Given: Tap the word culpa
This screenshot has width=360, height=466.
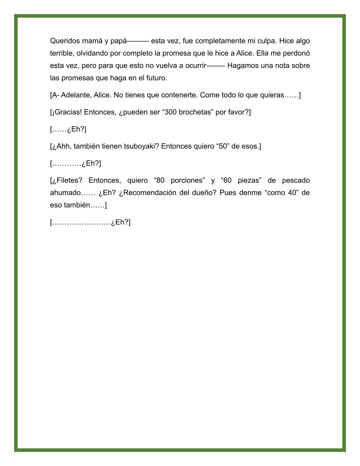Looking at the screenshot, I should point(267,41).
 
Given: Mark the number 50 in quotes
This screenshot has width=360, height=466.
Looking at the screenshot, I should point(223,146).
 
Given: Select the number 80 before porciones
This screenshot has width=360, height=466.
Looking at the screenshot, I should point(160,180).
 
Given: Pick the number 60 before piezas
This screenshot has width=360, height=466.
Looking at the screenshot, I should point(227,180).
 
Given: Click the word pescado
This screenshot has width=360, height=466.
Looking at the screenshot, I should point(296,180).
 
